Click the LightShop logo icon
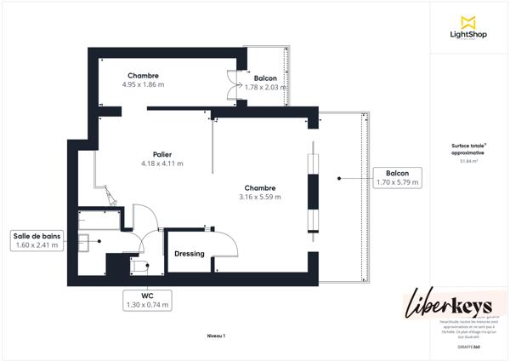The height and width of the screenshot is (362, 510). tap(467, 21)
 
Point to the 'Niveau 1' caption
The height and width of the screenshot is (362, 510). tap(216, 336)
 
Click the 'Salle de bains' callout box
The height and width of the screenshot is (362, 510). tap(37, 240)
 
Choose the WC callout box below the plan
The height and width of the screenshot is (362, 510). tap(146, 301)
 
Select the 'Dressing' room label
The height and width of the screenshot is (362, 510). tap(189, 254)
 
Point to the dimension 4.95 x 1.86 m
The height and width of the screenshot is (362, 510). tap(143, 85)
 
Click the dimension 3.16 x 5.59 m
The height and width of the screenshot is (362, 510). tap(259, 197)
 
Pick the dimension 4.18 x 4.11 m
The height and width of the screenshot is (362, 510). tap(162, 164)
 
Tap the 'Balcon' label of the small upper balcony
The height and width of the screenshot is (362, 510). tap(265, 78)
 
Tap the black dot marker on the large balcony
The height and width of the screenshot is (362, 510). tap(338, 178)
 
